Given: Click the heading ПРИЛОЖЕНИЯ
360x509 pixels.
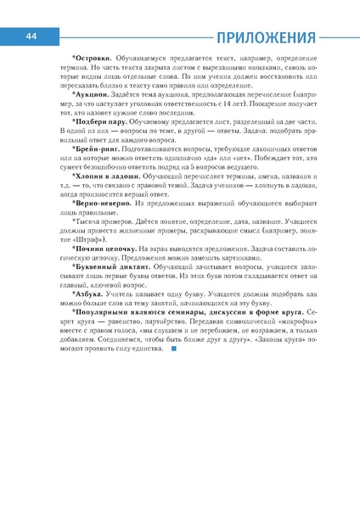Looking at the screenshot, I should pos(265,37).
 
